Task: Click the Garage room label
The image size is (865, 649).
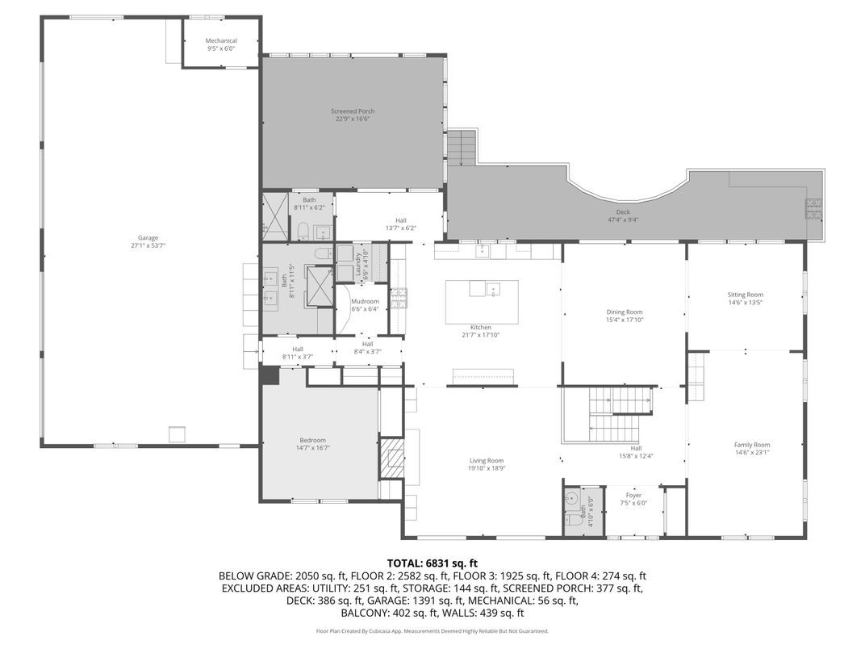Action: tap(148, 237)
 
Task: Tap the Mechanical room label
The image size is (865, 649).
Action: tap(221, 40)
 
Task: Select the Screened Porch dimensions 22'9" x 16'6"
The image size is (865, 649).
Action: tap(353, 119)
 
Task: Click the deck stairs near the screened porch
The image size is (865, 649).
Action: tap(463, 149)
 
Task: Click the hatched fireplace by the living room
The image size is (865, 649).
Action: tap(391, 458)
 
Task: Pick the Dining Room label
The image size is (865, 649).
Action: tap(625, 312)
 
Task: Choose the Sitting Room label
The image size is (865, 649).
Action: tap(745, 295)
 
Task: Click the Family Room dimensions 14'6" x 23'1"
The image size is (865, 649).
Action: tap(752, 453)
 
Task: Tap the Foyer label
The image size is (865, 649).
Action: tap(634, 495)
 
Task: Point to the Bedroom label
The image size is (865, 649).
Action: tap(312, 440)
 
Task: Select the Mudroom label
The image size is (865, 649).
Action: tap(365, 301)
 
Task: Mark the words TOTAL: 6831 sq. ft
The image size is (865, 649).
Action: tap(432, 563)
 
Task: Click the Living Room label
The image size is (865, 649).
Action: tap(487, 461)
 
